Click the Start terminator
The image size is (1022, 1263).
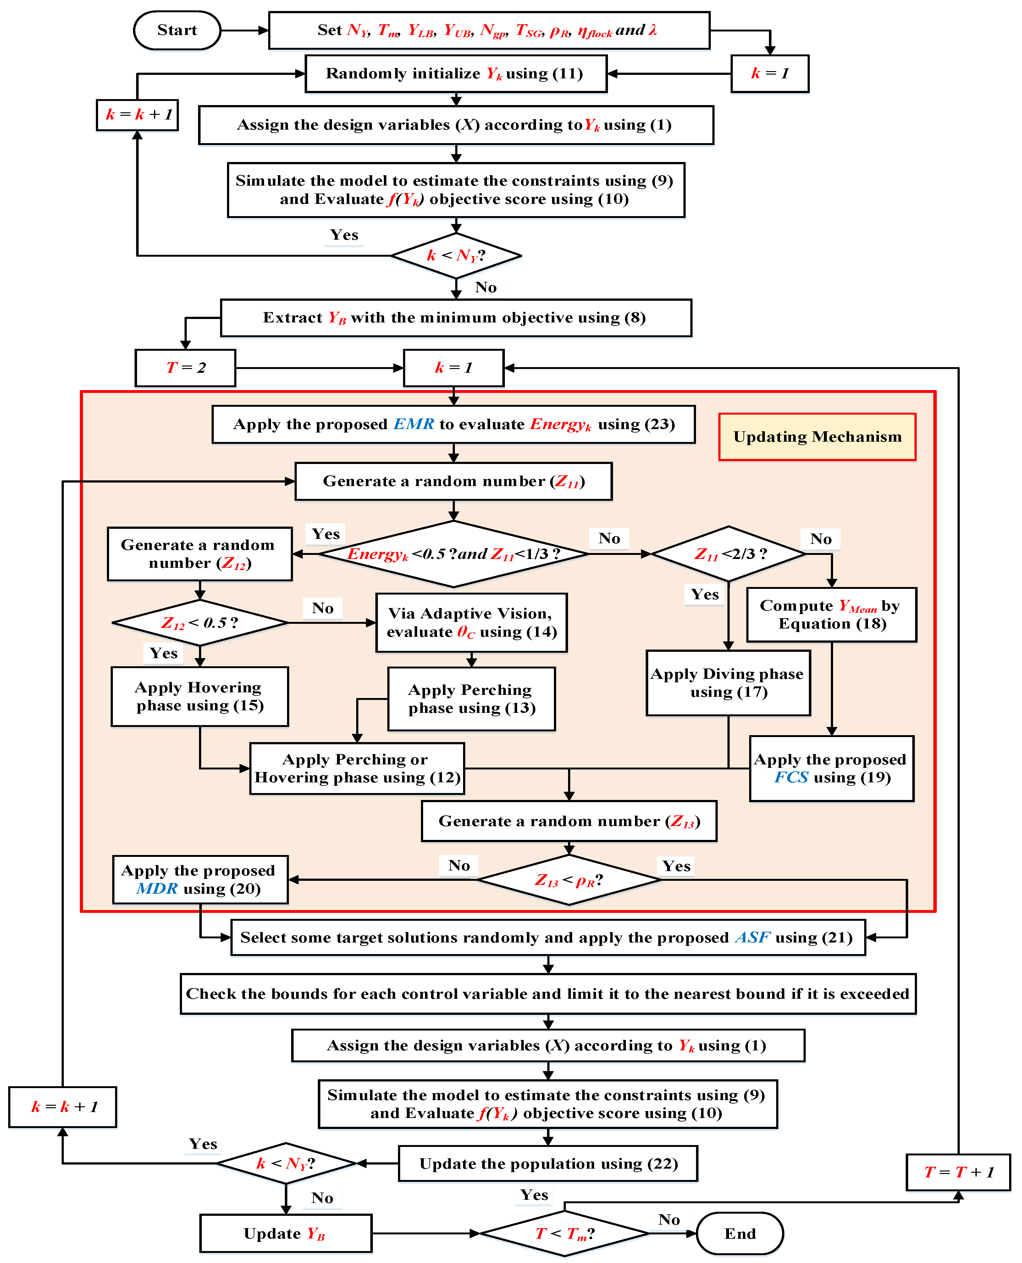(177, 30)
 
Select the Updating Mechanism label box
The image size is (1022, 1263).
(817, 437)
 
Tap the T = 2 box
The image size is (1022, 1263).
(185, 368)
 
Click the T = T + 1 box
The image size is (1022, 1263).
(958, 1172)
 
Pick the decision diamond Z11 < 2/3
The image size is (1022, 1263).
(729, 554)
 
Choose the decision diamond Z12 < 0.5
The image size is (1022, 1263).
(200, 623)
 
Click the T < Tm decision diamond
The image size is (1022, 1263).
(565, 1233)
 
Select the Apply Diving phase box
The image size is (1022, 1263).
(728, 683)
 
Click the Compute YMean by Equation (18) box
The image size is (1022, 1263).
(831, 614)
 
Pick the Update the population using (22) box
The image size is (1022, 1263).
(548, 1164)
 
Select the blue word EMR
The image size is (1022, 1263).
(414, 424)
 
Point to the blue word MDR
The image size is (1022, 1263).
(157, 888)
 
